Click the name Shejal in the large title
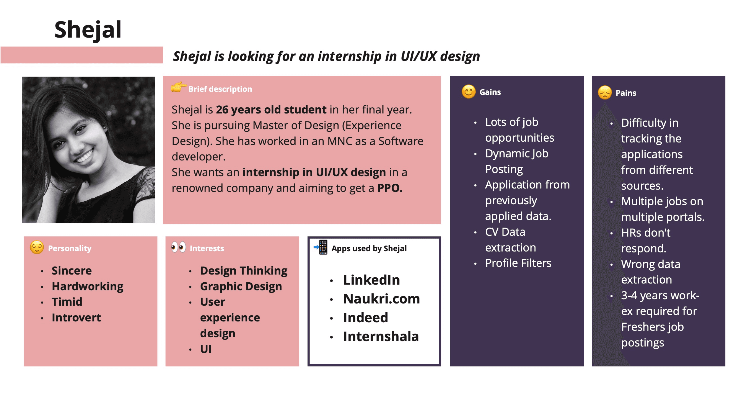[x=88, y=30]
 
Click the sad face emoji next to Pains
[x=605, y=93]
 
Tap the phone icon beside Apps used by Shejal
[x=321, y=247]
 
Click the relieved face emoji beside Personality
[x=37, y=247]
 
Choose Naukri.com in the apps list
[x=381, y=299]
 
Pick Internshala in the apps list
[x=381, y=337]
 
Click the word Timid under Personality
[x=67, y=302]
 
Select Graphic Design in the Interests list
[x=241, y=287]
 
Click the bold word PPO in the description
[x=390, y=188]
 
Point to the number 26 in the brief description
[x=222, y=110]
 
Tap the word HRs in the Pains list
[x=631, y=233]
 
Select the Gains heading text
[x=490, y=92]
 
